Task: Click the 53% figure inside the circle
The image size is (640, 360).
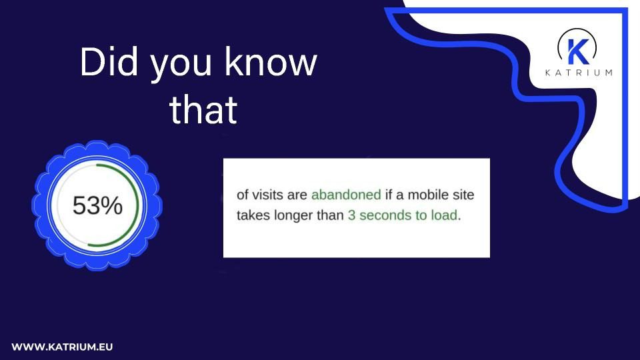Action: click(97, 206)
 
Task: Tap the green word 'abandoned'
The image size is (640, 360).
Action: click(346, 195)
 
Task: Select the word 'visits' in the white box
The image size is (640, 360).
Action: click(273, 195)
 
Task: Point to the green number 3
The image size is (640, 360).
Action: click(351, 216)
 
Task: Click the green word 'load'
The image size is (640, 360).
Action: click(443, 216)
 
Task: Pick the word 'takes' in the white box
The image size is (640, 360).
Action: click(253, 216)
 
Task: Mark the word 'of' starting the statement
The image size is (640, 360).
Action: click(243, 195)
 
